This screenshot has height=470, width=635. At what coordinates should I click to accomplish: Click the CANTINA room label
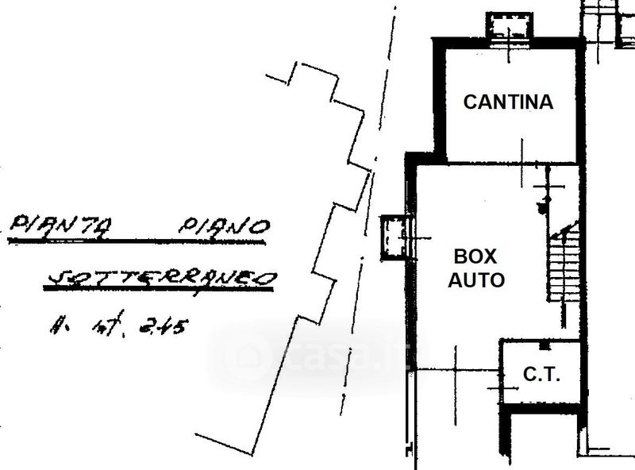(x=508, y=102)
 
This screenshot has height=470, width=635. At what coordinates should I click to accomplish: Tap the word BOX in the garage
(x=475, y=256)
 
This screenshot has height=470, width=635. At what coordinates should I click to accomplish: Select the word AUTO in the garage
(x=476, y=280)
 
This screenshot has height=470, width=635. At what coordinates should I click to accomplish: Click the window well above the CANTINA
(x=509, y=25)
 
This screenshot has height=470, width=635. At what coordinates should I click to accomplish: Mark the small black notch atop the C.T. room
(x=543, y=345)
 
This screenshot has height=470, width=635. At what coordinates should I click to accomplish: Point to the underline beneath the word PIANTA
(x=60, y=239)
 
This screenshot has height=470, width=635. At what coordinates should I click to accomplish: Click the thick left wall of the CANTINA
(x=437, y=99)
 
